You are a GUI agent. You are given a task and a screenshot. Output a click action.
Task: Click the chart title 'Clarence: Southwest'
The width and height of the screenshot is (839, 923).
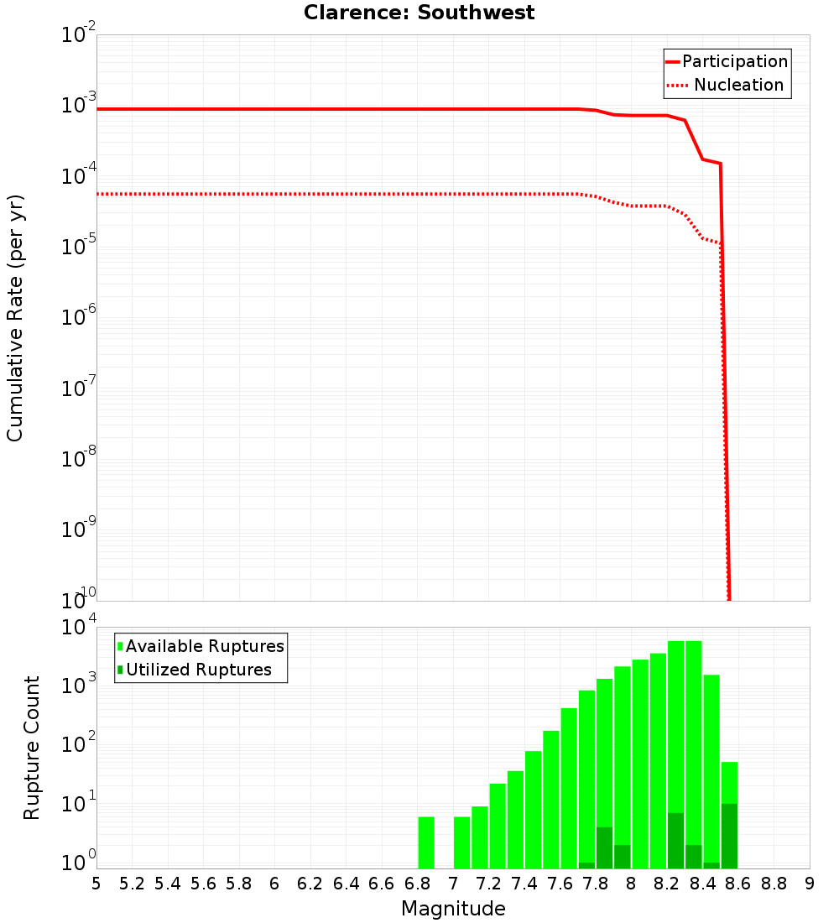point(419,13)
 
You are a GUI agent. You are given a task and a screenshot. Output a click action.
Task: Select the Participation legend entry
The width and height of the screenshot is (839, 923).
point(727,61)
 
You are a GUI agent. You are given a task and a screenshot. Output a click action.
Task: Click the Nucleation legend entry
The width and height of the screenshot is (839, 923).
point(727,85)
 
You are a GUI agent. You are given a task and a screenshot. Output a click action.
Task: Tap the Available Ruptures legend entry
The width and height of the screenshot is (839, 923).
point(201,646)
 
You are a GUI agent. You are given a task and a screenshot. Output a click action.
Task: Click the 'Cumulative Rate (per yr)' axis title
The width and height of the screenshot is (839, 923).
point(15,318)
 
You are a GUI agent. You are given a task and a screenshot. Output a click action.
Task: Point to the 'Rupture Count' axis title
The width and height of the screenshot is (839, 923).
point(32,748)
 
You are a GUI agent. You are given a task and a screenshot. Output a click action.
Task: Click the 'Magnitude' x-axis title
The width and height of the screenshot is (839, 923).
point(453,909)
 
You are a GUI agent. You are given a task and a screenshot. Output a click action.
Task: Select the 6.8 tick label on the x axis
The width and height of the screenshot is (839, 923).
point(417,884)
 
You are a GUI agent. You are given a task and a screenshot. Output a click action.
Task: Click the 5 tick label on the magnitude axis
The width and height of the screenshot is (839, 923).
point(96,884)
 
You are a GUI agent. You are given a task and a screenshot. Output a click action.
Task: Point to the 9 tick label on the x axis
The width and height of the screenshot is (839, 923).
point(810,884)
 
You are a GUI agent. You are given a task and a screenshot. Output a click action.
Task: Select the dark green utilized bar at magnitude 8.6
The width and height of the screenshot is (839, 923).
point(729,836)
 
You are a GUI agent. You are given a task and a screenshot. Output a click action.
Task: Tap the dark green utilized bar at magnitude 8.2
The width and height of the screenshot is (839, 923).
point(675,840)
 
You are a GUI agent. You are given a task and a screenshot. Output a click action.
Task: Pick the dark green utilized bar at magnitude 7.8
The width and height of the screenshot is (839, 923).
point(604,847)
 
